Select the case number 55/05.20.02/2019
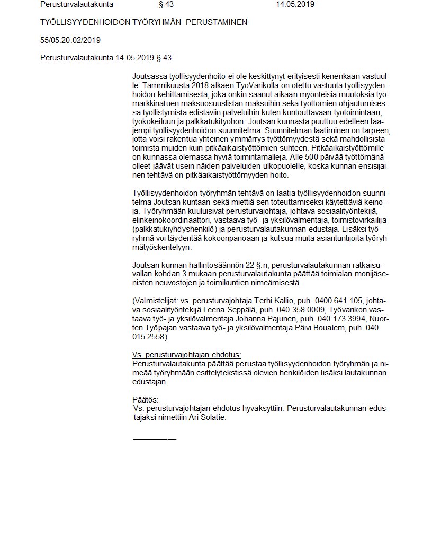70,40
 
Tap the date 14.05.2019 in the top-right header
295,4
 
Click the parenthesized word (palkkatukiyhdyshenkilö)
176,229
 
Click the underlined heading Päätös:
145,399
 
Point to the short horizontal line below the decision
155,439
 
